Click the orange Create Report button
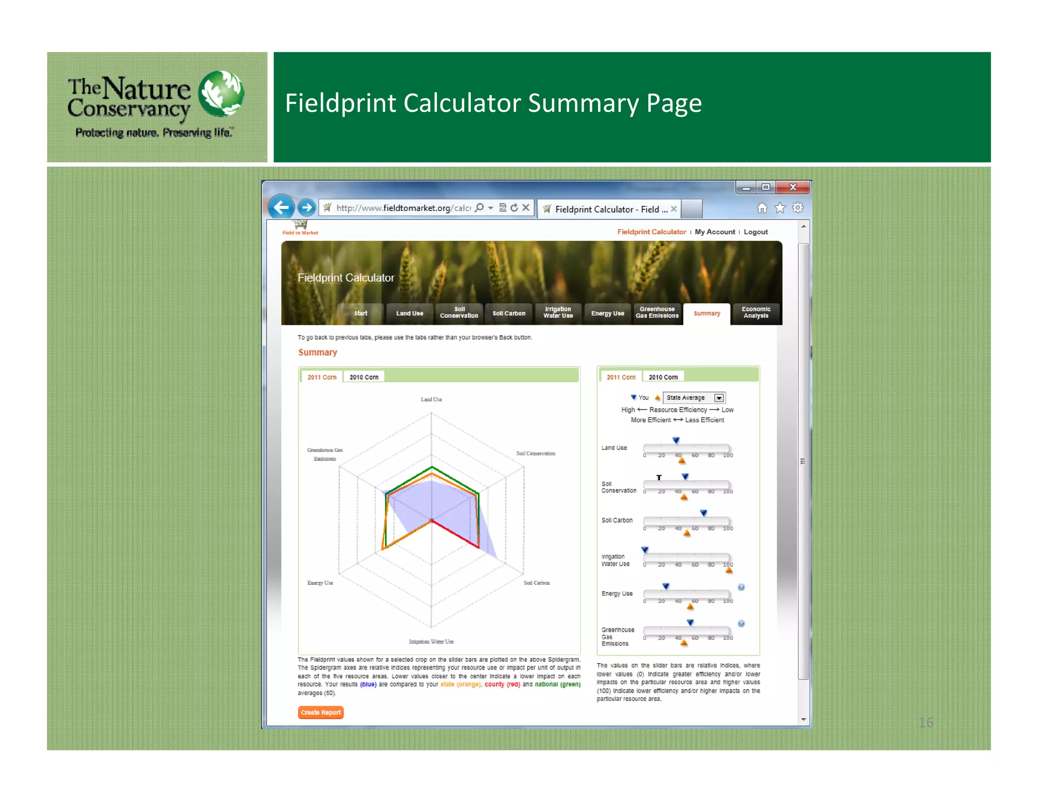tap(320, 712)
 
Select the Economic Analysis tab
tap(756, 313)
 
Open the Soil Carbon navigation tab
tap(508, 313)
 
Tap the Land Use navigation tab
tap(409, 313)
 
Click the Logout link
tap(755, 232)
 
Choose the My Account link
tap(715, 232)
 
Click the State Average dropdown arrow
tap(719, 398)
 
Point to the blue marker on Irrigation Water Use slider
tap(645, 550)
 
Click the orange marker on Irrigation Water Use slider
tap(729, 570)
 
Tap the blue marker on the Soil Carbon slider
tap(703, 513)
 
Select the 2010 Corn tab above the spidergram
tap(364, 377)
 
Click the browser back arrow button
tap(281, 207)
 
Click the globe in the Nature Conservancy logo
tap(221, 93)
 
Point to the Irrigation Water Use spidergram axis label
tap(431, 641)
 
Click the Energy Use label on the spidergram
tap(320, 583)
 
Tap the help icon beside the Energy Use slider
tap(741, 587)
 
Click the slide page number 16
tap(925, 722)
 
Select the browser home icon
tap(762, 208)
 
